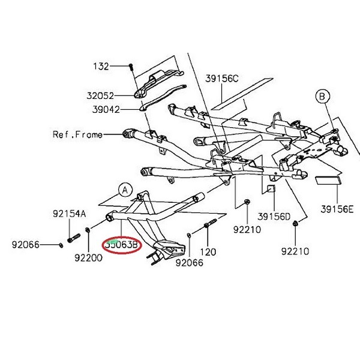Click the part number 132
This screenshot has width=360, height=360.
point(101,67)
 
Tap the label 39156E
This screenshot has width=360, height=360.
point(337,209)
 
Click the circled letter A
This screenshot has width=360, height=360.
point(125,190)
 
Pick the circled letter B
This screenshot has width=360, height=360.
point(322,96)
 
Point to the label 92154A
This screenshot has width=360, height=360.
point(69,213)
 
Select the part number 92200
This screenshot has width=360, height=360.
point(88,259)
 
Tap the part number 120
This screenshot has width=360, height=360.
point(208,252)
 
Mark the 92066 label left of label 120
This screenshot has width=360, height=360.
point(189,262)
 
